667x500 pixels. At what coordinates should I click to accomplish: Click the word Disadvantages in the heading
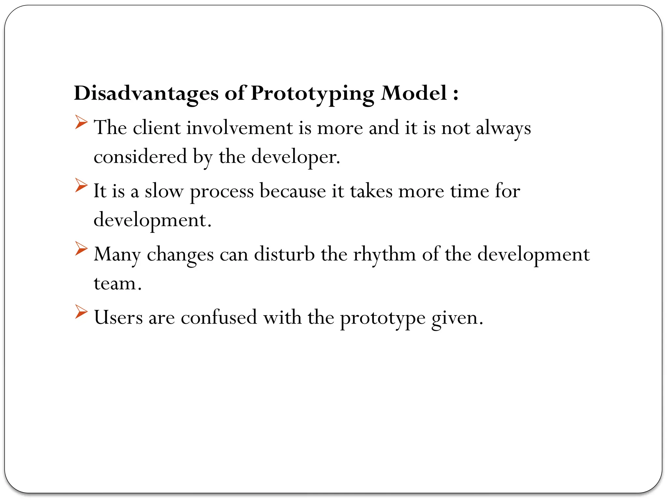point(146,93)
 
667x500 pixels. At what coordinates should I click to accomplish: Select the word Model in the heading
point(414,93)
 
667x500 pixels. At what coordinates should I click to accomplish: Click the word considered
point(140,157)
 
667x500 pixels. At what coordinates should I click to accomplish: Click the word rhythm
point(385,255)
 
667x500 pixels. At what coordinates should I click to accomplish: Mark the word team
point(117,284)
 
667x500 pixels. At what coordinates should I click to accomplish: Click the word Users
point(118,317)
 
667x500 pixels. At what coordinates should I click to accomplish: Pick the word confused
point(219,317)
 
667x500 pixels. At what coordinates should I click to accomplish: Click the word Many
point(117,255)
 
